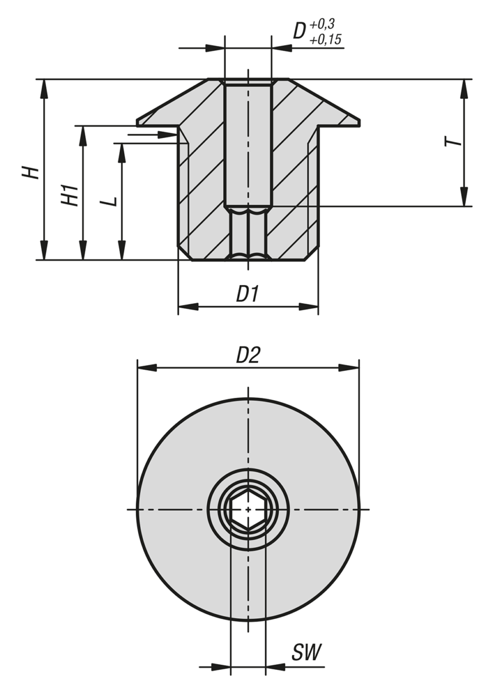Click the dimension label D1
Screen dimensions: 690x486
[x=248, y=294]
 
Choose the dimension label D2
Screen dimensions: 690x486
[x=248, y=356]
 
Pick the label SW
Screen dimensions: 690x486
[x=306, y=652]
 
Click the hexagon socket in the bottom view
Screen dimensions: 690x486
[x=248, y=509]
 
